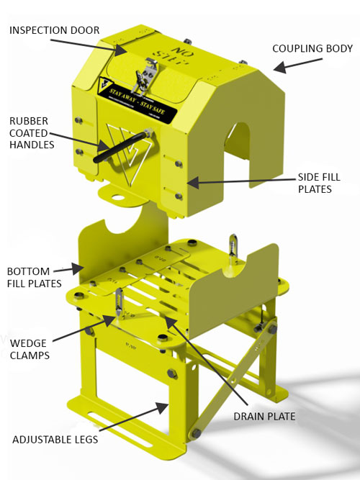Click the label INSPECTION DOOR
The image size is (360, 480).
55,30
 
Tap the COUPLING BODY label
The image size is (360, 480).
312,49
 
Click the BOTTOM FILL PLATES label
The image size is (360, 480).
28,277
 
